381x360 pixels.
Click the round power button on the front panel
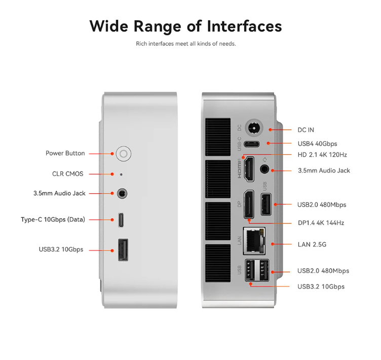click(x=124, y=154)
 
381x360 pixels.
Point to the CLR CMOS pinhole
click(x=121, y=174)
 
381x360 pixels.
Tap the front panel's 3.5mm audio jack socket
click(x=122, y=194)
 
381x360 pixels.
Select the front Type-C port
click(x=121, y=220)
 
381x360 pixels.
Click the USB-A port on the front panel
click(x=123, y=250)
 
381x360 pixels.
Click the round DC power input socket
click(x=254, y=128)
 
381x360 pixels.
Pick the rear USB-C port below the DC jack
click(x=252, y=144)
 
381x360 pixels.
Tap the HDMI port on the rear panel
click(x=249, y=169)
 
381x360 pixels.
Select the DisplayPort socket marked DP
click(x=249, y=204)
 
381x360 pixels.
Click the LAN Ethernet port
click(x=254, y=241)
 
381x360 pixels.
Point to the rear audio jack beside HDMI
click(x=264, y=169)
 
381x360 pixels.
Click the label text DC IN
click(x=306, y=130)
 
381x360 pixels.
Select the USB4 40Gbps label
click(x=317, y=144)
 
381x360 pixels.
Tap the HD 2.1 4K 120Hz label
click(x=322, y=155)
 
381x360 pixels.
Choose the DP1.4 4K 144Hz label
click(x=321, y=223)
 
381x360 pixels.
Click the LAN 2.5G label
click(x=312, y=244)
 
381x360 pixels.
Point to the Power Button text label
click(x=65, y=153)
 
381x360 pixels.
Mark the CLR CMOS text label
click(x=67, y=174)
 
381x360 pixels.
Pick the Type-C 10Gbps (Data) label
click(x=53, y=220)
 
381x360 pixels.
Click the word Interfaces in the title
click(x=244, y=26)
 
